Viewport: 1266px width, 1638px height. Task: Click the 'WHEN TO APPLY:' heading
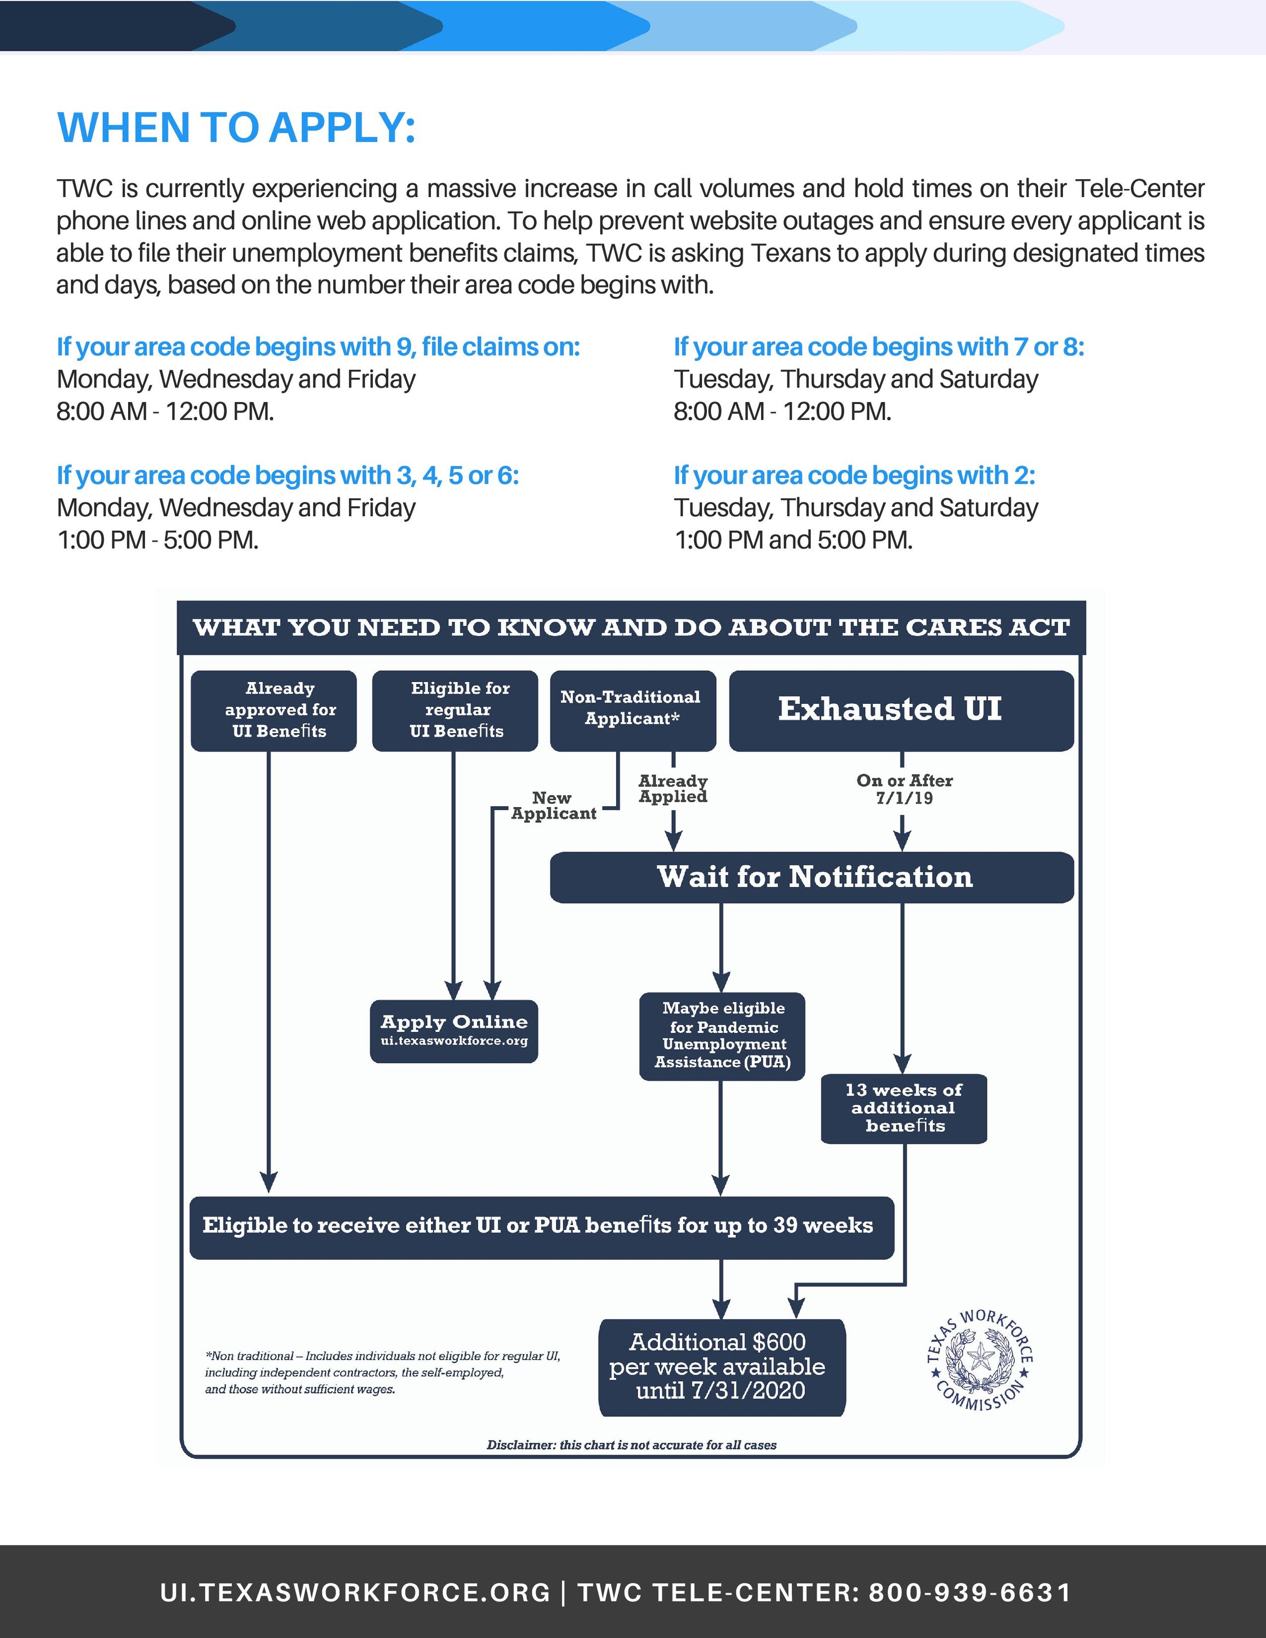pyautogui.click(x=236, y=128)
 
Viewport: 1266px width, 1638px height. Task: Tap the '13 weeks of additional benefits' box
pyautogui.click(x=904, y=1108)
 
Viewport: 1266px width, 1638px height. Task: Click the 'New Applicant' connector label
pyautogui.click(x=553, y=806)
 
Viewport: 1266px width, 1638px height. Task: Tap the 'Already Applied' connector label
pyautogui.click(x=672, y=789)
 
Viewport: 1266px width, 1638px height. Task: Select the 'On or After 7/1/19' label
pyautogui.click(x=904, y=789)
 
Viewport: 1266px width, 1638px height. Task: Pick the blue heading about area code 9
pyautogui.click(x=318, y=346)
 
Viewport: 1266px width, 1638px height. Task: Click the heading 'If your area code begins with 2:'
pyautogui.click(x=854, y=475)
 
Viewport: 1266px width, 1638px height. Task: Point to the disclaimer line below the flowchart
pyautogui.click(x=631, y=1445)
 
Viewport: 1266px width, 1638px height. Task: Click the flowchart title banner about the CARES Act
pyautogui.click(x=631, y=627)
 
